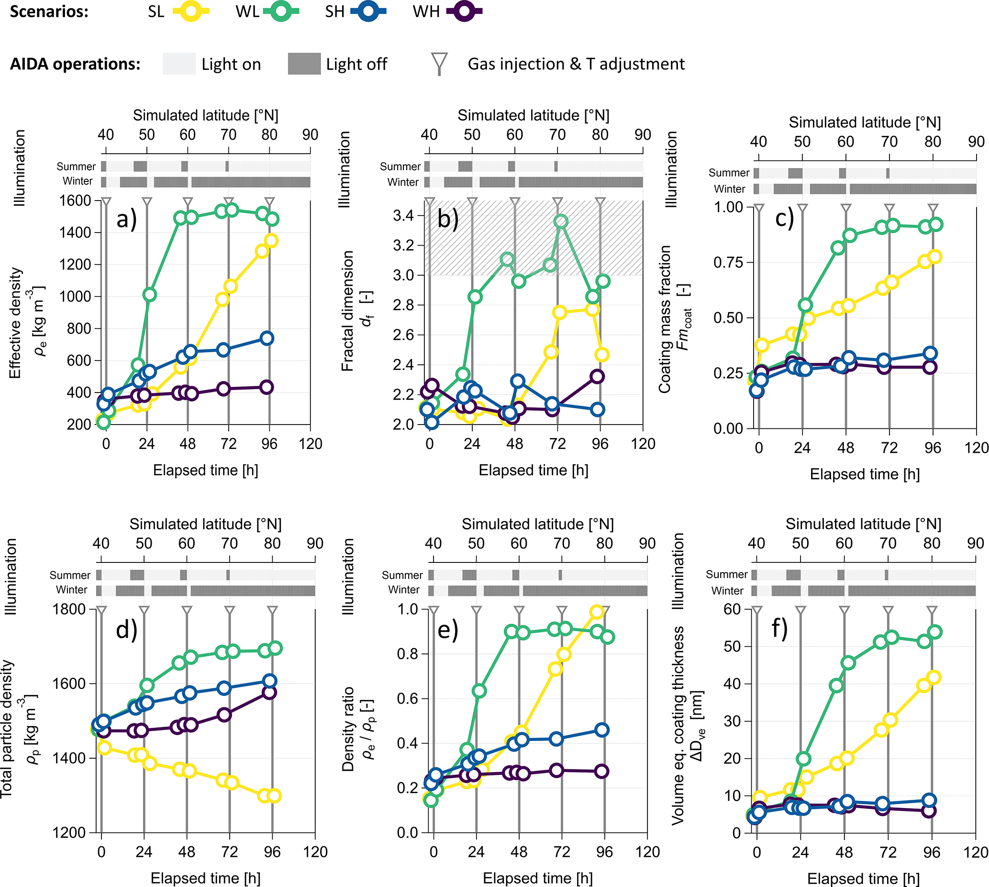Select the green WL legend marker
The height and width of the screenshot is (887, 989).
click(281, 11)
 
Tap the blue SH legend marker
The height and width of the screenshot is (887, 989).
click(368, 11)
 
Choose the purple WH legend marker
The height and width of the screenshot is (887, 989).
click(464, 11)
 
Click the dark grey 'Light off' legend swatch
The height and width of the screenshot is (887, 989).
click(304, 64)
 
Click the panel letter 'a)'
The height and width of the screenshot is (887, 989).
click(126, 219)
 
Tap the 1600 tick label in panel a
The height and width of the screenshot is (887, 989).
click(75, 200)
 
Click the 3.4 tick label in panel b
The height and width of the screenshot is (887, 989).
click(403, 215)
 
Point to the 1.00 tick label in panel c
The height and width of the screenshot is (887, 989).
click(728, 207)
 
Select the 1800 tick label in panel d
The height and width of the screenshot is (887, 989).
click(69, 609)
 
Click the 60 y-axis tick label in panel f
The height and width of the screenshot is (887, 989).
click(732, 609)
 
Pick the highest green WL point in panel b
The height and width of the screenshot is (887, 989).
click(561, 221)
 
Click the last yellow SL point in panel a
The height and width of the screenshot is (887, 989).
click(271, 240)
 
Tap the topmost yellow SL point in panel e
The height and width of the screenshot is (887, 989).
click(597, 612)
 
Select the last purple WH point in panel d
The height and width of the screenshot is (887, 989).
click(269, 692)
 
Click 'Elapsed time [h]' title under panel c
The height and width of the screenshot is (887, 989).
click(864, 474)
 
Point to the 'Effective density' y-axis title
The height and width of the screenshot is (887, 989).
click(16, 322)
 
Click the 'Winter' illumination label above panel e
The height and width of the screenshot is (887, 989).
click(403, 590)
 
